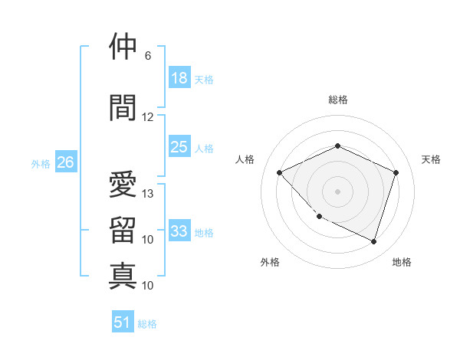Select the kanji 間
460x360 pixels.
[123, 108]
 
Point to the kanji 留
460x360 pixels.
[123, 230]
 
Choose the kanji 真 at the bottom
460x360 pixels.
[123, 275]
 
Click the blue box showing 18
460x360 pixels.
[179, 78]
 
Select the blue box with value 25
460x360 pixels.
[179, 148]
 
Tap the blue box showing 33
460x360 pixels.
[179, 231]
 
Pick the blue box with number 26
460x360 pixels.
[66, 162]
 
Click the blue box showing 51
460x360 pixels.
[123, 322]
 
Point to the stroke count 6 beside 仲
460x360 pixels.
[148, 56]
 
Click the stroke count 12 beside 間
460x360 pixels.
[148, 117]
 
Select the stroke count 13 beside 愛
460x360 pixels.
[148, 194]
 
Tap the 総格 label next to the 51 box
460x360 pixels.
[147, 324]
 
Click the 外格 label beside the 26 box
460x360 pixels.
[41, 163]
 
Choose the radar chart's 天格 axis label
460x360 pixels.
[431, 159]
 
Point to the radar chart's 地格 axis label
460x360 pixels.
[402, 262]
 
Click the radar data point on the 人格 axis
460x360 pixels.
[280, 173]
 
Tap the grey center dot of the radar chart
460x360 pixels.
[337, 191]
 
